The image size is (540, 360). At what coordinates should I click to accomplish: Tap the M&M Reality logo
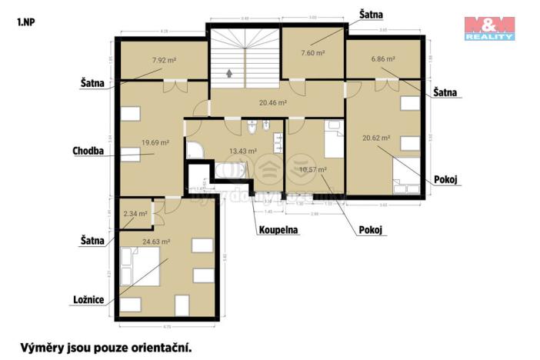[489, 28]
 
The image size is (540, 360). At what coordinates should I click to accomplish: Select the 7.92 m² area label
[164, 59]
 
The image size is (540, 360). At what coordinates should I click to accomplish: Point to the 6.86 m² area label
[382, 58]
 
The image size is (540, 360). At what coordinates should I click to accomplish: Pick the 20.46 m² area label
[272, 102]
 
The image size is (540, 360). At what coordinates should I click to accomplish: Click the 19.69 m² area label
[155, 142]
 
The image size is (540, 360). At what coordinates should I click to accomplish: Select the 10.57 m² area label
[313, 169]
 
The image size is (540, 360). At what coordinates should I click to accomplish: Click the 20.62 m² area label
[377, 138]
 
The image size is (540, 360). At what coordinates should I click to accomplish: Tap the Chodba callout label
[88, 151]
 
